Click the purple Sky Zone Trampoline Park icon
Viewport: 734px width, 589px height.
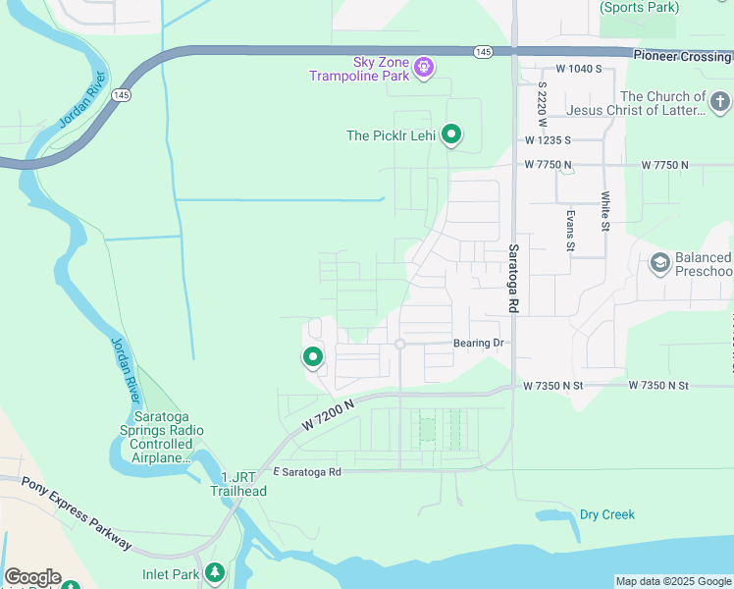424,67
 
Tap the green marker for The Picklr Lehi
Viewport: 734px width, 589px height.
451,134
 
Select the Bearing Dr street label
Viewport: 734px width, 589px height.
478,344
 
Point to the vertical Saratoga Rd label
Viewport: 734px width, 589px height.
512,279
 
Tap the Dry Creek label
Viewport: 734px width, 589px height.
606,514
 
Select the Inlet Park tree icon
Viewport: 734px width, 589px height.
215,573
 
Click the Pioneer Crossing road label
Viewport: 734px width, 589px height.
682,57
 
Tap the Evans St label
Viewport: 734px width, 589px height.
569,230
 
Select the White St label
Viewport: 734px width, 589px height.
605,212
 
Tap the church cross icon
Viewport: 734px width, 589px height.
720,102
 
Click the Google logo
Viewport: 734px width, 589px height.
32,577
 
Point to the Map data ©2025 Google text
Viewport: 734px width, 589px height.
673,581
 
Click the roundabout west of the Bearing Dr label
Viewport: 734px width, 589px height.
399,344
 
